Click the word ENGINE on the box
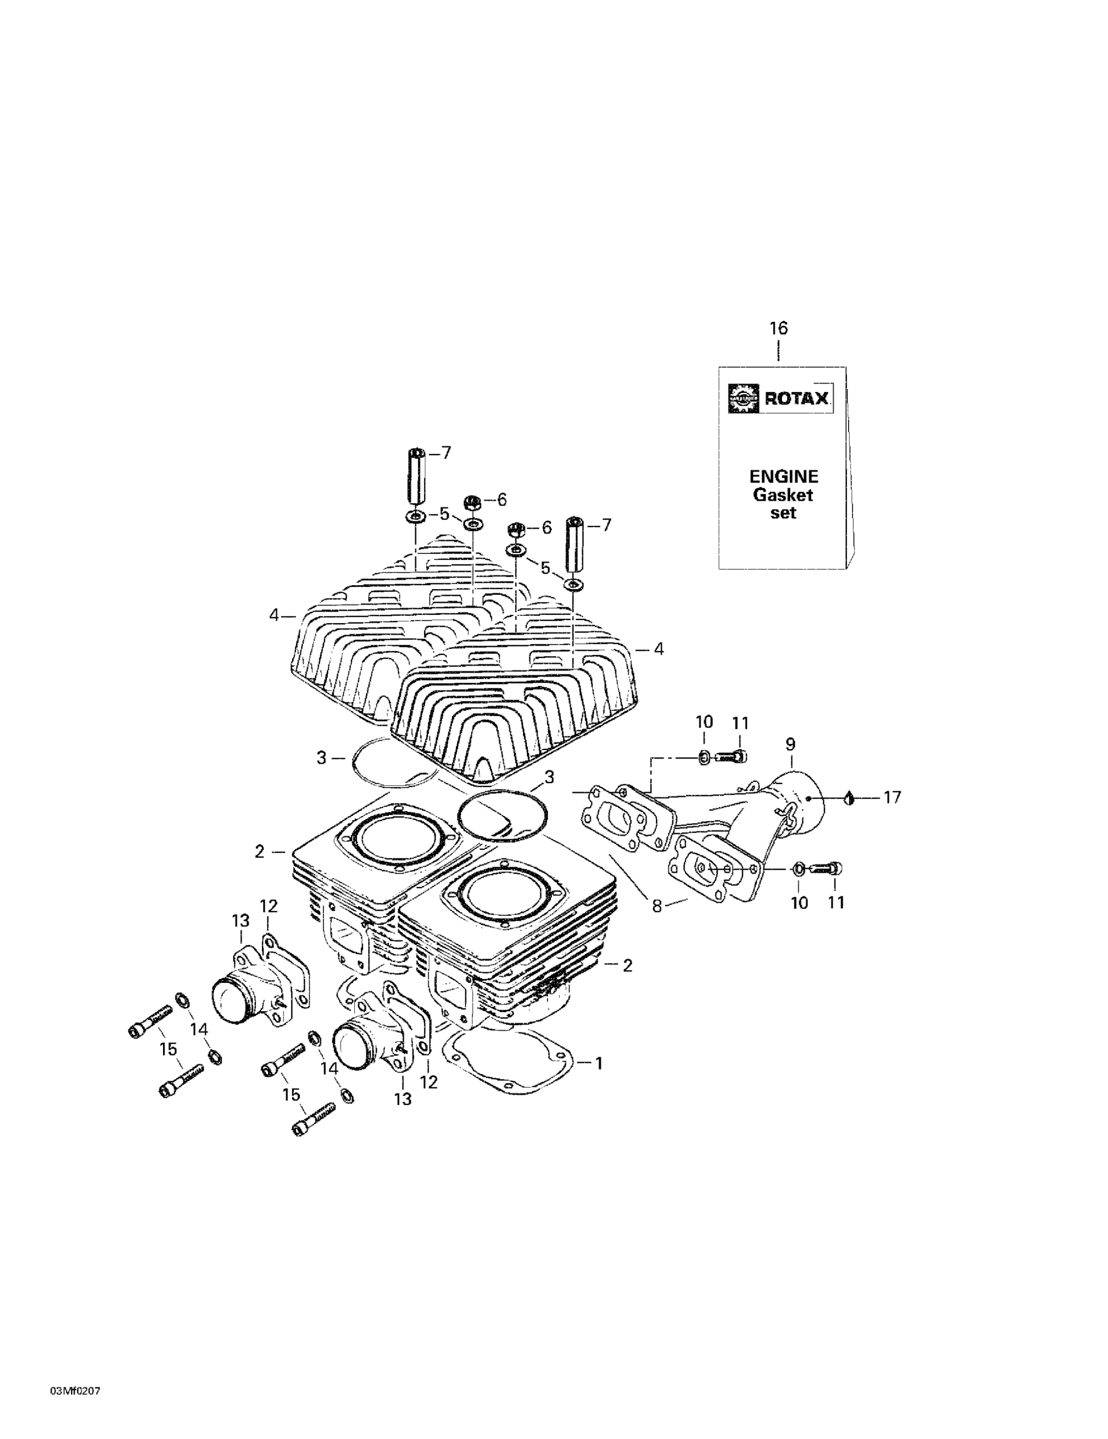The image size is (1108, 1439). (x=783, y=476)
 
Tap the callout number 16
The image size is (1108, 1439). (x=779, y=328)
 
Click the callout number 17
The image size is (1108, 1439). (x=892, y=797)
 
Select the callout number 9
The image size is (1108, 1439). (x=791, y=744)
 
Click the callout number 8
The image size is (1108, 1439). (x=657, y=906)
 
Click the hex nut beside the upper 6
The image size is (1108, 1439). (x=472, y=503)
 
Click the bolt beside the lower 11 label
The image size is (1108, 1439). (x=826, y=868)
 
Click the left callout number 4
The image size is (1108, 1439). (x=275, y=615)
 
